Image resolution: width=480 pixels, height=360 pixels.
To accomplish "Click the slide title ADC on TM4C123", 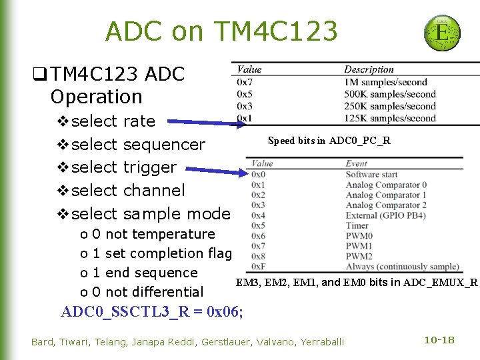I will [221, 31].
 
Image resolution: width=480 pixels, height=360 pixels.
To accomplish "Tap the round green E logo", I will [441, 31].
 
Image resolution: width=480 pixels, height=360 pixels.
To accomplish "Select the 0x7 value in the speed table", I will [244, 82].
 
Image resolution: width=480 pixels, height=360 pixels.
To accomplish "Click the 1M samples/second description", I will [385, 82].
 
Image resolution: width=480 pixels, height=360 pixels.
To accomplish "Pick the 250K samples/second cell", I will [390, 107].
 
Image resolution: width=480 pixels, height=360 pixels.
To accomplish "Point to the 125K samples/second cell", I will [390, 119].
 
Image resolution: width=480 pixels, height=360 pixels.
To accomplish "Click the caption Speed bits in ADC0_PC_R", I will [329, 141].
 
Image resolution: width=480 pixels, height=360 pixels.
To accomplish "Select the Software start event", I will [372, 175].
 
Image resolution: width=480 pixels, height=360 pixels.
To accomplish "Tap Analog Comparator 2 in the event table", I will [386, 205].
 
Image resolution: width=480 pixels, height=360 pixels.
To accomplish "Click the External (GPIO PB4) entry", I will [383, 215].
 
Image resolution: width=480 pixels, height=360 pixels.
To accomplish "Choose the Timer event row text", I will [357, 225].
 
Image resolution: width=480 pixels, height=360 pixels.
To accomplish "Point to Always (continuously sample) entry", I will [402, 267].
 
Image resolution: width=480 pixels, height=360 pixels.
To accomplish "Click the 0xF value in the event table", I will [259, 267].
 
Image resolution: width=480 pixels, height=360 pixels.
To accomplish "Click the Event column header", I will [356, 163].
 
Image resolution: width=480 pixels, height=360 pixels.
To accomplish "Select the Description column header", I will [369, 69].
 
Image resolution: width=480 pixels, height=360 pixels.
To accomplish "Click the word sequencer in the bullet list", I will [165, 144].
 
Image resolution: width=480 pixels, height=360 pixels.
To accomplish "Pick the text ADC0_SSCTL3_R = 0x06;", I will [152, 311].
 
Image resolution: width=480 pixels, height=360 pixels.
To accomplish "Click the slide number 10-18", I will [439, 340].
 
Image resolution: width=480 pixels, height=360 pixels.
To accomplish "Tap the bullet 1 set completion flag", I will [162, 253].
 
